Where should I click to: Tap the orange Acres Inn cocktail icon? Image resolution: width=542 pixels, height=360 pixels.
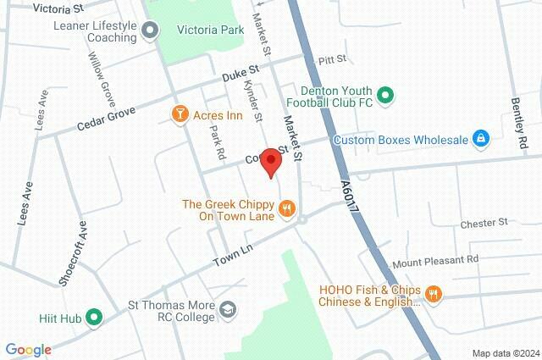tap(180, 114)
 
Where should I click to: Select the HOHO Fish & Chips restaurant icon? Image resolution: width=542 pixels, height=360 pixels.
tap(434, 294)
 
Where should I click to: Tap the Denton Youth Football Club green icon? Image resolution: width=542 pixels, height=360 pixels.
tap(385, 95)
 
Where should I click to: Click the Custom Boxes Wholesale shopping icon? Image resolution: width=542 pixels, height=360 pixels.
tap(480, 138)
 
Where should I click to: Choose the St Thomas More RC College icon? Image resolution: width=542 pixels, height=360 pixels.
tap(227, 309)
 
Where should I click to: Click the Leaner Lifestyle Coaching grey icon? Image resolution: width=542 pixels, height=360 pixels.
tap(150, 31)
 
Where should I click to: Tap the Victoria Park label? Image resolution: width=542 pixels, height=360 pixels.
tap(211, 30)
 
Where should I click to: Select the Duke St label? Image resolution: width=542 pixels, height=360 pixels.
tap(239, 77)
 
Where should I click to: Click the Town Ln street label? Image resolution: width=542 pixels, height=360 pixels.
tap(233, 252)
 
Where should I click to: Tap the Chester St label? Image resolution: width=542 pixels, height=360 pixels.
tap(484, 223)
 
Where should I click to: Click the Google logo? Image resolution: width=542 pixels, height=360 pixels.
tap(28, 349)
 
